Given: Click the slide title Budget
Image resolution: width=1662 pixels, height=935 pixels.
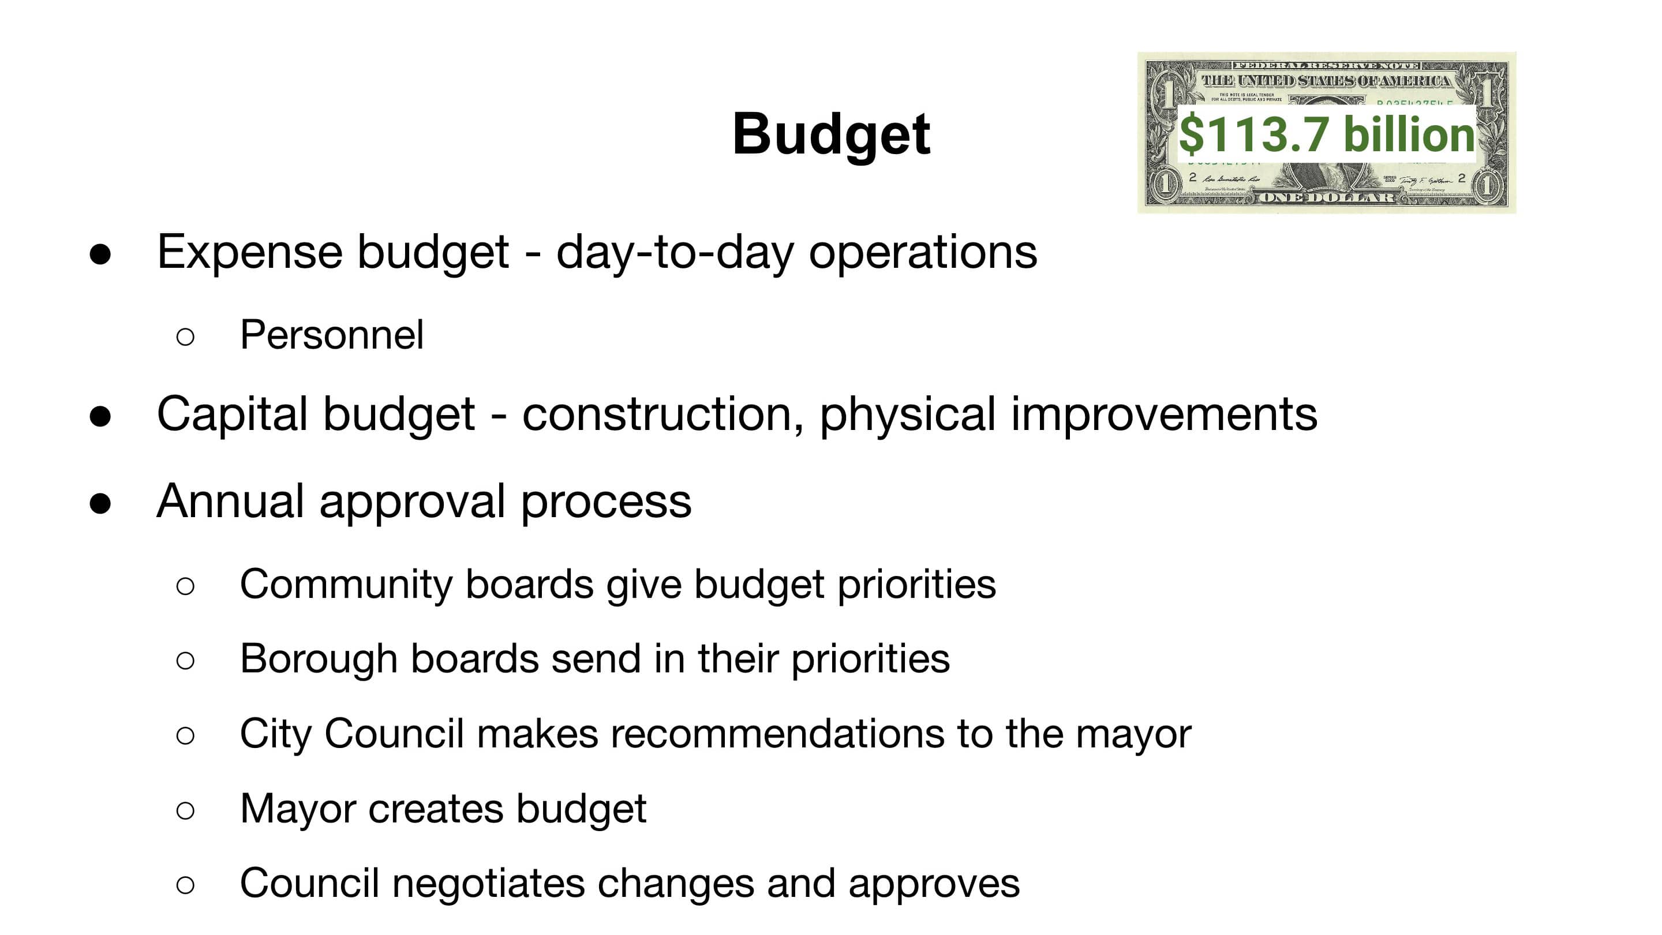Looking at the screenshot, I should [x=831, y=134].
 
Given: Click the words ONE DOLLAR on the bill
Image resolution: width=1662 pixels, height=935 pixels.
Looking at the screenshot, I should [x=1327, y=197].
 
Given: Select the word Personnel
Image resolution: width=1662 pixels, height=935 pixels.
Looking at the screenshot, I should [x=332, y=335].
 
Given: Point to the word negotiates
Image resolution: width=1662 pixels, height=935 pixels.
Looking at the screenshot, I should [x=488, y=884].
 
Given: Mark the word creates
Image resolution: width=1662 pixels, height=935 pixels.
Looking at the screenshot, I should [x=436, y=809].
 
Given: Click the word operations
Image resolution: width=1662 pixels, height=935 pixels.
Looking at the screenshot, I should [x=923, y=252].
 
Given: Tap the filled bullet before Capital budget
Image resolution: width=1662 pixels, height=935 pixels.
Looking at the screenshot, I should [x=100, y=417].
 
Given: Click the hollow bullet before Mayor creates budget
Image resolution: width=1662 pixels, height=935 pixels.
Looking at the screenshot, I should [x=185, y=810].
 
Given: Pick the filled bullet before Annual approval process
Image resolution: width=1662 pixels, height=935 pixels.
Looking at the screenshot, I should [x=100, y=504].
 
